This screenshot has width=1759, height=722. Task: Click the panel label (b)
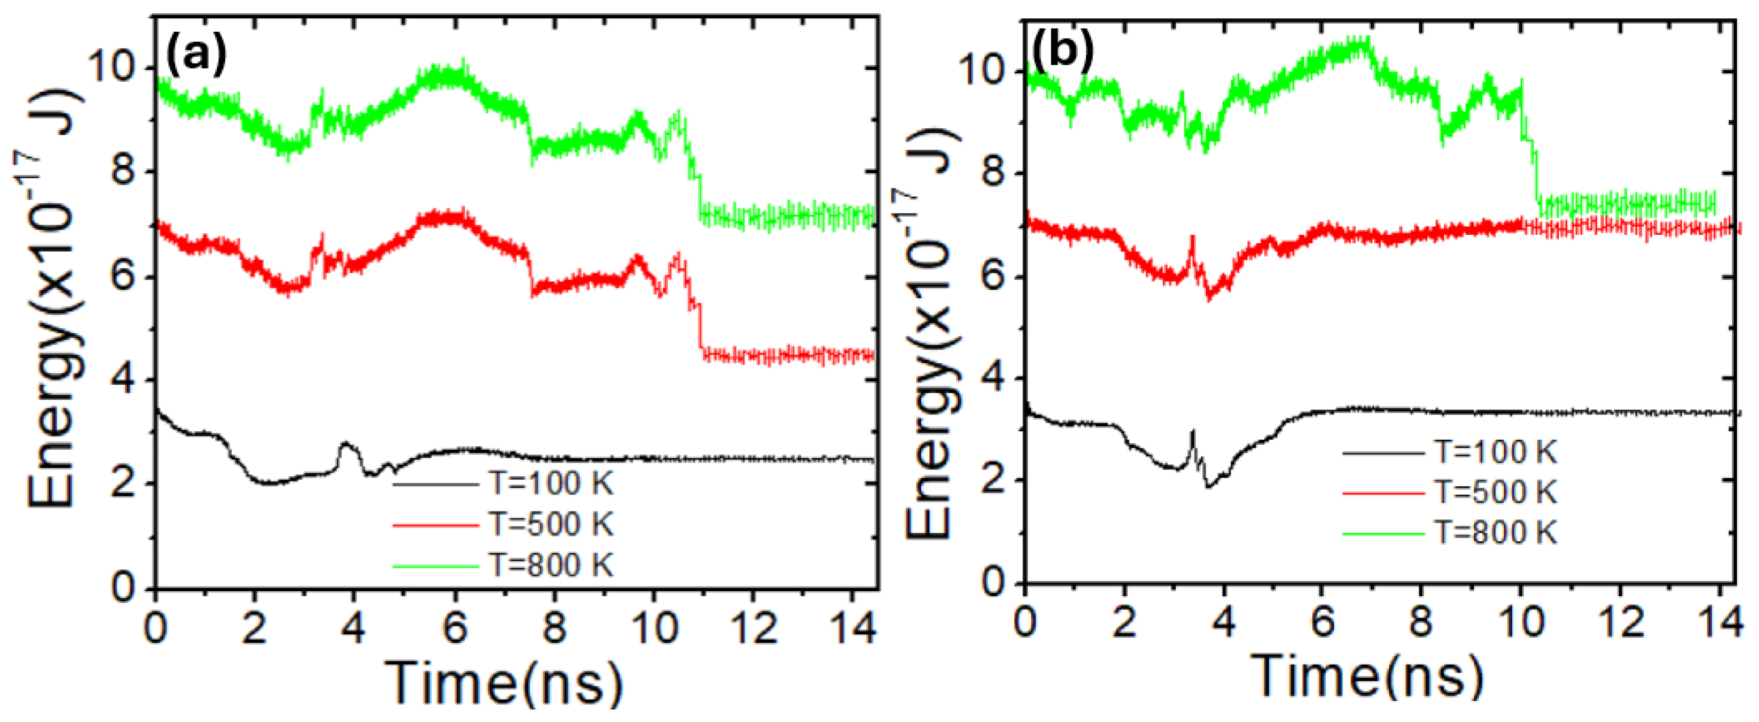tap(1063, 52)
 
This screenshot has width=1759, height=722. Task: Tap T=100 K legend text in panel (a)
tap(550, 484)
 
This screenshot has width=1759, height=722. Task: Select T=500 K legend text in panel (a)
tap(550, 524)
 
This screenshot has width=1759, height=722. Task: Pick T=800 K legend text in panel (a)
tap(550, 565)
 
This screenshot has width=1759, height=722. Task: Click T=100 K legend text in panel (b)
tap(1495, 452)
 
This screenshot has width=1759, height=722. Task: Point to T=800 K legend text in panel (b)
tap(1495, 532)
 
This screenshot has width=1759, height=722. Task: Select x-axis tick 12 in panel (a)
tap(753, 626)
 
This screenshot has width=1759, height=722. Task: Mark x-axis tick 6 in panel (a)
tap(454, 626)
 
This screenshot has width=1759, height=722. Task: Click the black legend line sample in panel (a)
tap(436, 484)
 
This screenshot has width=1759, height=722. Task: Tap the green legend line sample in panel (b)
tap(1384, 533)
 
